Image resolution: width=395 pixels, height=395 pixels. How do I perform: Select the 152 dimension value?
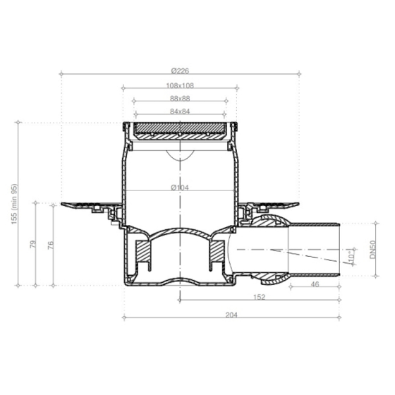click(259, 297)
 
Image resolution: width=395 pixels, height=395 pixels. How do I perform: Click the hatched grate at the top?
click(181, 130)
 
